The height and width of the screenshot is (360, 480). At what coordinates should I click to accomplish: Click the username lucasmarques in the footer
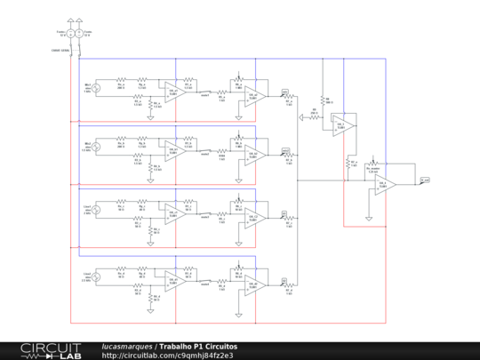click(x=127, y=346)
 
